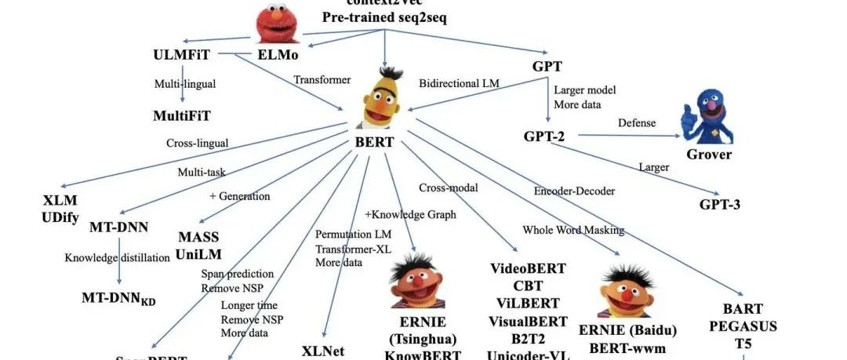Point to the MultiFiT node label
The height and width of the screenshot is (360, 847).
point(182,116)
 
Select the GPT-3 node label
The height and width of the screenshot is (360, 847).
point(720,205)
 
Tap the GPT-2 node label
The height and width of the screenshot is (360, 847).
point(544,136)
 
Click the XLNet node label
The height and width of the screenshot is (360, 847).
point(323,351)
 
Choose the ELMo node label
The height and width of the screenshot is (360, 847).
point(278,56)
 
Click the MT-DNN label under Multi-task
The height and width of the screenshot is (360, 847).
point(120,227)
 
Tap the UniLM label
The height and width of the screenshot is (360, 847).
point(198,253)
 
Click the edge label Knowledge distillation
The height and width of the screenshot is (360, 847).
point(117,256)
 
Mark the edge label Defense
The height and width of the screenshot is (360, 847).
point(637,123)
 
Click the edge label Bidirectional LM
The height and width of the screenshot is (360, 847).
point(459,82)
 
